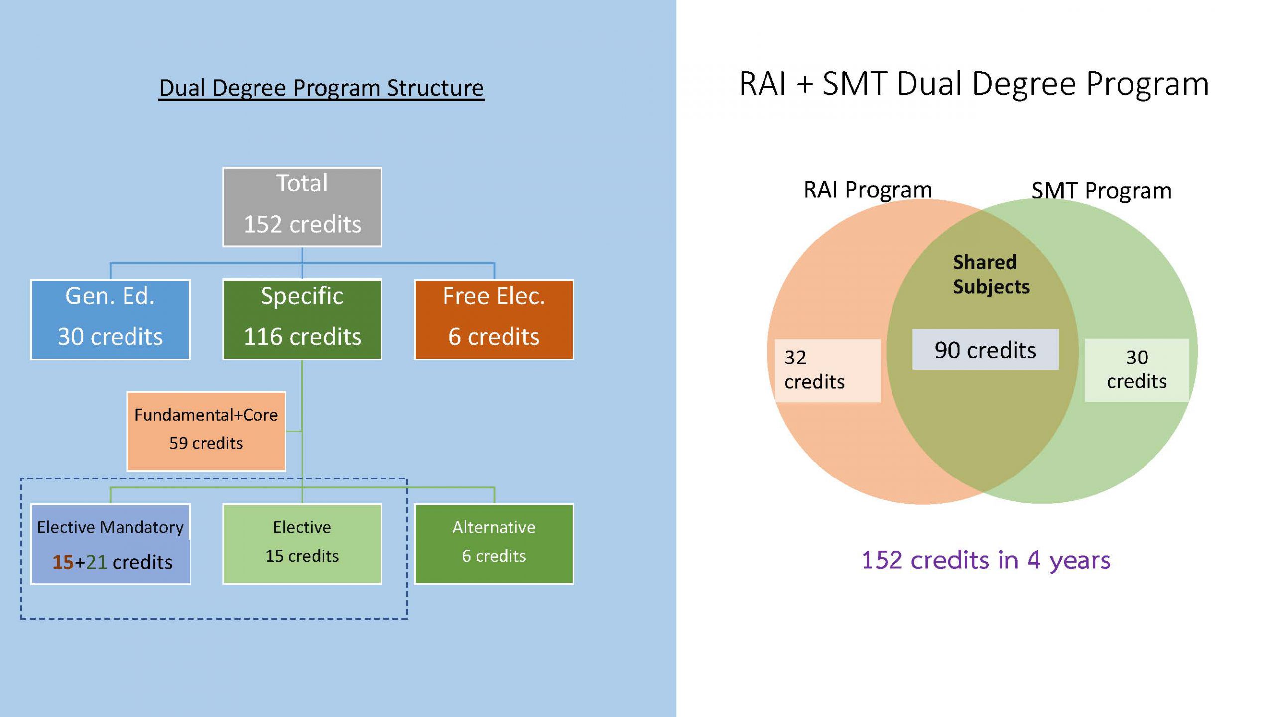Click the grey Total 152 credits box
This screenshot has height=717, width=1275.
point(302,207)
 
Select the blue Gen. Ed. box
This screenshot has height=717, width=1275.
point(110,319)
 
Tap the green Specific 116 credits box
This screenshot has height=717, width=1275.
point(302,319)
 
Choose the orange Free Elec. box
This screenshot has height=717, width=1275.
point(494,319)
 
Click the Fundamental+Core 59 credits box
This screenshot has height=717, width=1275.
point(206,431)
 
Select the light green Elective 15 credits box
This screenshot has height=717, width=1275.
point(302,543)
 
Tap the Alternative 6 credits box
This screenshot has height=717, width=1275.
point(494,543)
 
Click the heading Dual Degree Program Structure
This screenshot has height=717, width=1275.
point(321,88)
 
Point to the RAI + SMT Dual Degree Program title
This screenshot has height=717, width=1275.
point(974,84)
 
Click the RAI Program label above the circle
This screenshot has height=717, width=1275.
point(868,190)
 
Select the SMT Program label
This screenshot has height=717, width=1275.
point(1101,191)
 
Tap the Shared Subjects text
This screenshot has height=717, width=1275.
point(990,274)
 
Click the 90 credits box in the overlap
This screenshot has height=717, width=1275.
point(985,350)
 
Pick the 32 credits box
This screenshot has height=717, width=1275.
point(827,370)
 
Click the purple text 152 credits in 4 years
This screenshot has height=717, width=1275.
point(986,560)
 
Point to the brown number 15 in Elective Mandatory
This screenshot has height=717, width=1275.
point(63,562)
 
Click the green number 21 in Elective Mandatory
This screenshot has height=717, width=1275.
point(96,562)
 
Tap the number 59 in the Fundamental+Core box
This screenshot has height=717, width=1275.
point(178,443)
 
